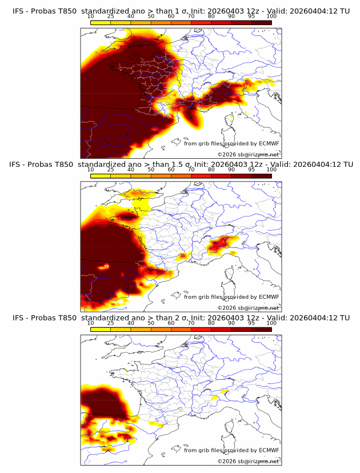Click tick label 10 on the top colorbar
click(91, 16)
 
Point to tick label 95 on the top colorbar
click(251, 16)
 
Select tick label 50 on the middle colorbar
click(151, 170)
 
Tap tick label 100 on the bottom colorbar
click(271, 323)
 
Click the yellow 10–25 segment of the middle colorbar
click(101, 176)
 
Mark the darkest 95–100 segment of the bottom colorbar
click(261, 330)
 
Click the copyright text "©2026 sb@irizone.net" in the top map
click(248, 154)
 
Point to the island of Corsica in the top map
click(232, 120)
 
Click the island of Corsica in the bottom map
click(232, 427)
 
